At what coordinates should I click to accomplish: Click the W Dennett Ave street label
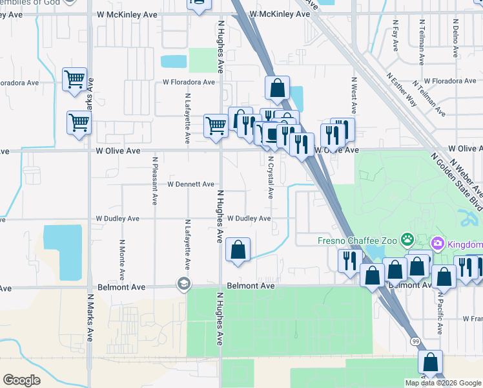[x=190, y=184]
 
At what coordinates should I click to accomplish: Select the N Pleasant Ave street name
[x=155, y=180]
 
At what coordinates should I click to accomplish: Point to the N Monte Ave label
[x=121, y=255]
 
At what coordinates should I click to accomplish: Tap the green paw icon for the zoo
[x=407, y=240]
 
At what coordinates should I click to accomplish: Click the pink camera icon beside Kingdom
[x=438, y=244]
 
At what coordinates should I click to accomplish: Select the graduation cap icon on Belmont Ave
[x=184, y=285]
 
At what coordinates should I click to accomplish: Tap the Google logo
[x=22, y=380]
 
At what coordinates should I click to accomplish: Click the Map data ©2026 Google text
[x=442, y=383]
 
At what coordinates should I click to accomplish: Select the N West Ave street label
[x=354, y=98]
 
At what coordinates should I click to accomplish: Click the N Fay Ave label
[x=395, y=36]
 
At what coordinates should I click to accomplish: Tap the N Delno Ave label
[x=455, y=36]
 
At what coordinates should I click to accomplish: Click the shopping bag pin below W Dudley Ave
[x=238, y=250]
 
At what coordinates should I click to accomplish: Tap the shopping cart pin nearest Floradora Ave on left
[x=75, y=80]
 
